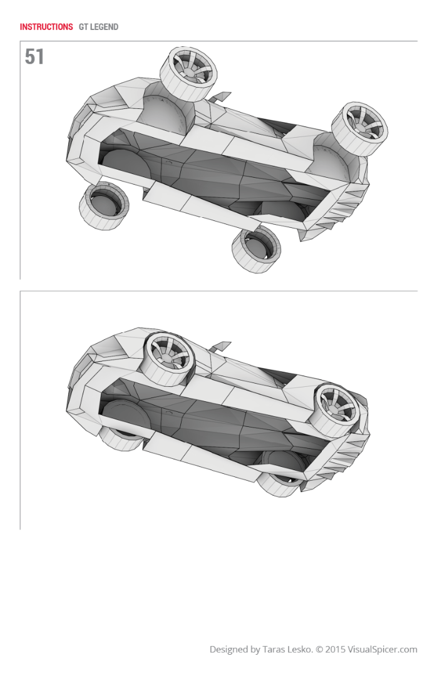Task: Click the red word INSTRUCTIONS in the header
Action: click(x=46, y=27)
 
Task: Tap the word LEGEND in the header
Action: click(x=104, y=27)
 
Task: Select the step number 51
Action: click(x=34, y=56)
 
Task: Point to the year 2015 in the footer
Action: click(x=336, y=649)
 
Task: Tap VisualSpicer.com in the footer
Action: click(x=382, y=650)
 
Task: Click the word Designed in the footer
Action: click(x=229, y=650)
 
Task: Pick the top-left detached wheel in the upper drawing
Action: click(x=188, y=74)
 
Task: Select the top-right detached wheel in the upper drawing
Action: click(x=359, y=128)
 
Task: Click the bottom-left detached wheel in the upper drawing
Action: click(x=103, y=206)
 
